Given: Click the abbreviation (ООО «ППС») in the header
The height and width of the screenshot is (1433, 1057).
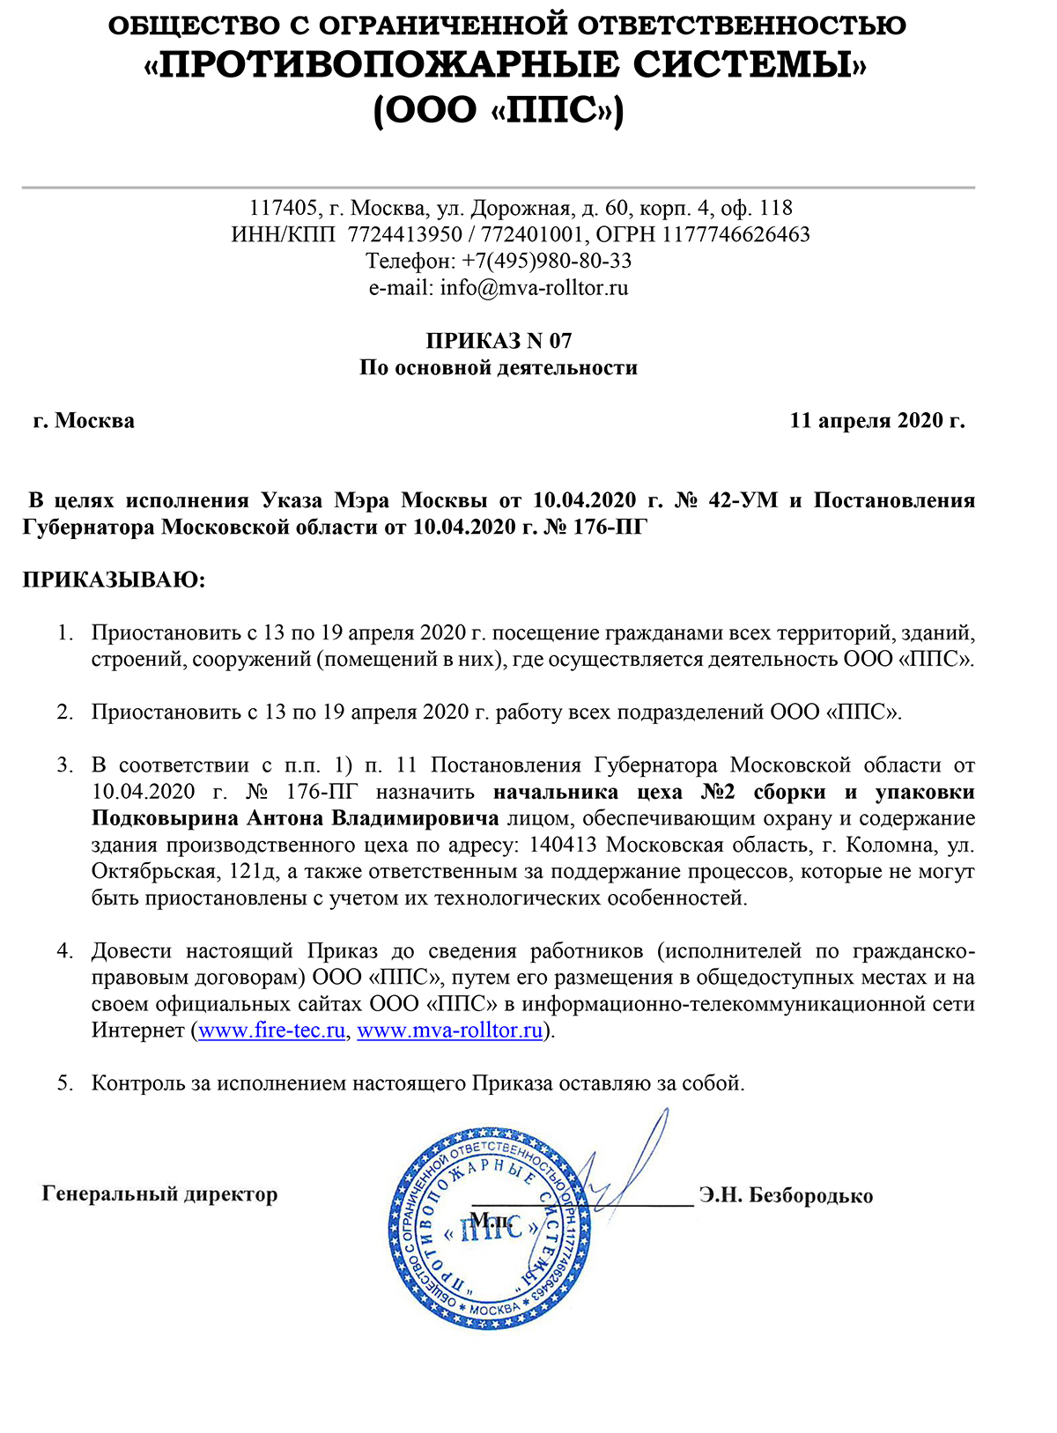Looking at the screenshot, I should click(499, 112).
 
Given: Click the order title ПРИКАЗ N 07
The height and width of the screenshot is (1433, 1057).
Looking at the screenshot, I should click(499, 341).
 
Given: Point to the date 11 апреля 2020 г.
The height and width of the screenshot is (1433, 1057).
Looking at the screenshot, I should click(877, 420).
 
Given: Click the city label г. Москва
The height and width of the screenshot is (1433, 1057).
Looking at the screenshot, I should click(84, 420).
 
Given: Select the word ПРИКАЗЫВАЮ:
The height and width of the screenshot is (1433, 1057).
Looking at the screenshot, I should click(114, 580).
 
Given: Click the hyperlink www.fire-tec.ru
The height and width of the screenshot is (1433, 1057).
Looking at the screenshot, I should click(271, 1030).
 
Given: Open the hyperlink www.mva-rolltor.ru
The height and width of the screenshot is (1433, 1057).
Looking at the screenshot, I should click(449, 1030).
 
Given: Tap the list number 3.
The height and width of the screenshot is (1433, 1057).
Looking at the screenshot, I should click(65, 765).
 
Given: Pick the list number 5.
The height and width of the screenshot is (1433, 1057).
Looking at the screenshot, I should click(65, 1083).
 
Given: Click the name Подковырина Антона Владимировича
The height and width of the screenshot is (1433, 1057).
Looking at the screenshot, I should click(295, 818).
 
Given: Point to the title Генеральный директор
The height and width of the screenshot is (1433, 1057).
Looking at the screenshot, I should click(159, 1194).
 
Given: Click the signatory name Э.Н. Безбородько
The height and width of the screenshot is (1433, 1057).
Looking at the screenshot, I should click(786, 1195).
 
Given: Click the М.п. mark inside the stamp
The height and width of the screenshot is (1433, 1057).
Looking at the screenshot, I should click(491, 1220).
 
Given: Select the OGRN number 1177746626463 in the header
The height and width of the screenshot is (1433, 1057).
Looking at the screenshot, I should click(736, 234).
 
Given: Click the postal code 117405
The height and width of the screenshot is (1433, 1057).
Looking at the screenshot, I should click(283, 208).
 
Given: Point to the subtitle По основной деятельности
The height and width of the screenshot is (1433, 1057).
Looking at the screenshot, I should click(499, 367).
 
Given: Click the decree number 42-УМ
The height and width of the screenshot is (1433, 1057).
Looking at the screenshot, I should click(743, 500).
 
